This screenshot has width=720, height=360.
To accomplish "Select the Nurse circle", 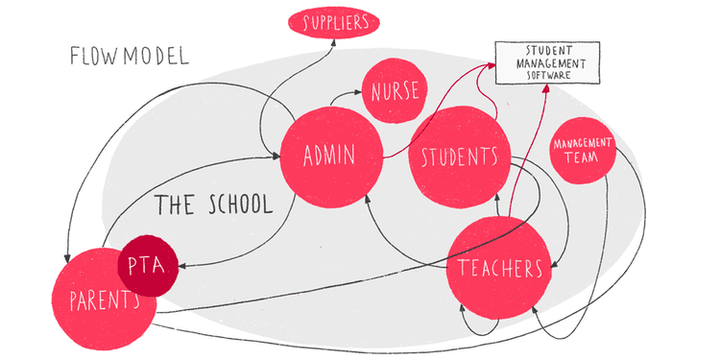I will (x=392, y=92).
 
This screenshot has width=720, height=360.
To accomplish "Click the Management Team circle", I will (x=583, y=152).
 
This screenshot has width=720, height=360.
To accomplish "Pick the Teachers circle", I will (x=499, y=267).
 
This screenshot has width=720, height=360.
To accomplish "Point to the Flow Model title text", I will (x=129, y=55).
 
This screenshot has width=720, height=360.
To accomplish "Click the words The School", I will (x=213, y=204).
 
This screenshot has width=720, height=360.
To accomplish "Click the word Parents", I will (x=105, y=300).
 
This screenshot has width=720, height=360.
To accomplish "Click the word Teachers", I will (x=500, y=268).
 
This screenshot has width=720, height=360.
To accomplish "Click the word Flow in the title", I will (x=94, y=55).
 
